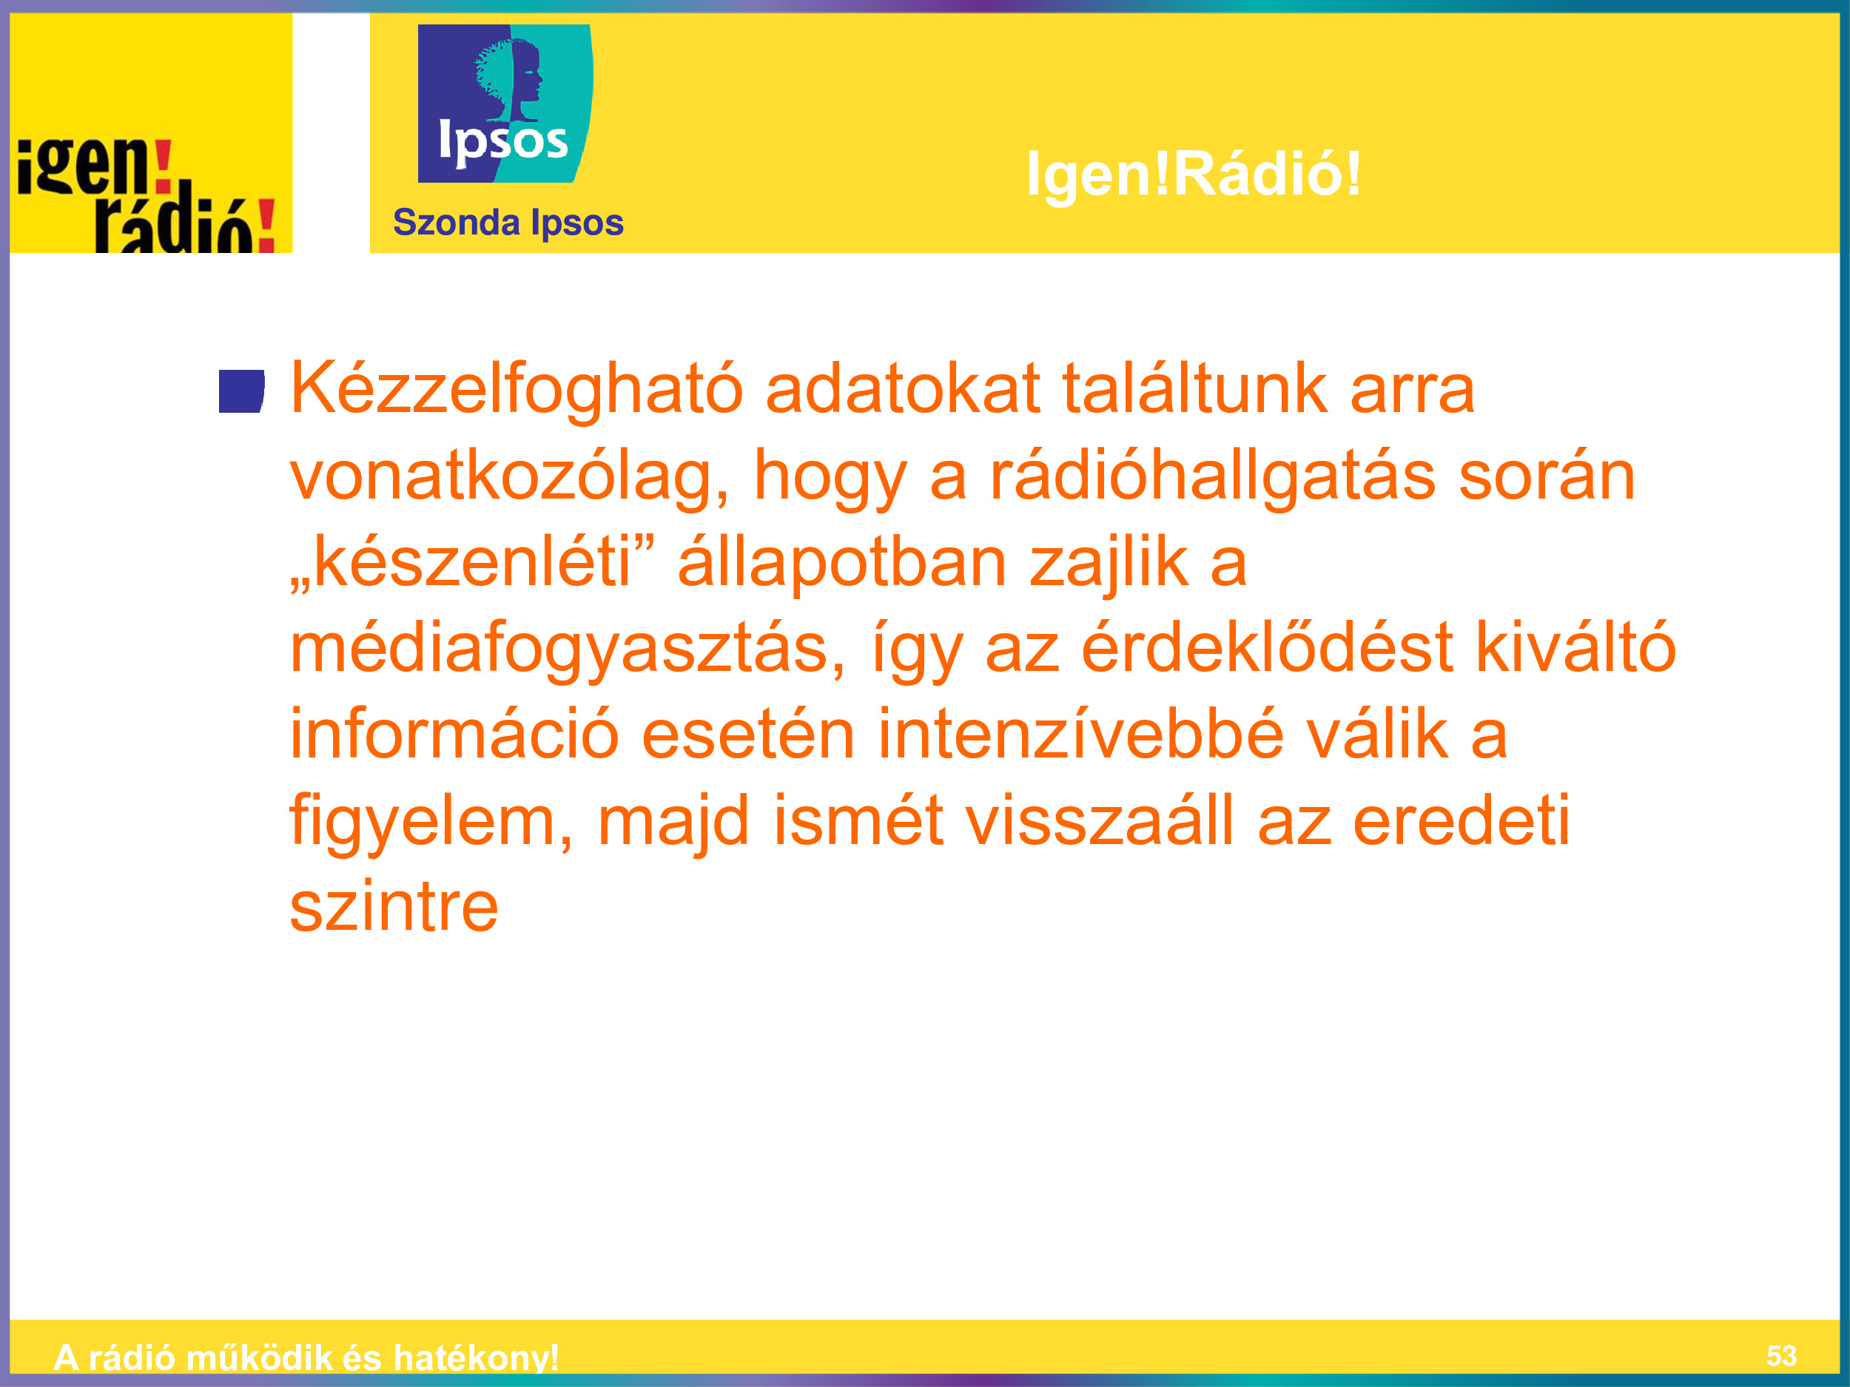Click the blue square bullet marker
pyautogui.click(x=242, y=391)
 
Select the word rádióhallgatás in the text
pyautogui.click(x=1213, y=476)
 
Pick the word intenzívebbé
pyautogui.click(x=1080, y=734)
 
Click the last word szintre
pyautogui.click(x=394, y=907)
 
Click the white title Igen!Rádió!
pyautogui.click(x=1194, y=174)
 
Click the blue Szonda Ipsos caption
pyautogui.click(x=508, y=223)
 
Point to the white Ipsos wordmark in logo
pyautogui.click(x=503, y=141)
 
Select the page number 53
pyautogui.click(x=1781, y=1356)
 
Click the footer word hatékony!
pyautogui.click(x=476, y=1357)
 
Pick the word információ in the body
pyautogui.click(x=454, y=734)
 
